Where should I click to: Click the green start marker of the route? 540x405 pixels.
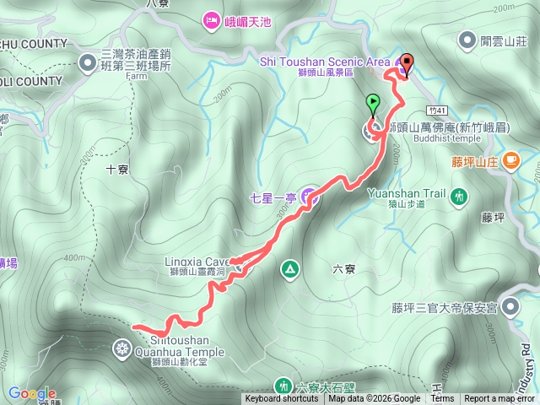(373, 104)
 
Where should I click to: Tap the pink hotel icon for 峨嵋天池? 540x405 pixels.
(208, 19)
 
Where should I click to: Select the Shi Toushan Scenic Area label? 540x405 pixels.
(325, 61)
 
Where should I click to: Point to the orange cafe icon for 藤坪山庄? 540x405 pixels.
(510, 159)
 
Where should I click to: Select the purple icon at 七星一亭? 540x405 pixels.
(310, 199)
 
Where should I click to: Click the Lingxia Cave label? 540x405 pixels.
(195, 262)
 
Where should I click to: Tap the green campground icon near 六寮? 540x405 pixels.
(289, 269)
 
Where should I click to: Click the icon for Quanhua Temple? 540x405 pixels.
(124, 348)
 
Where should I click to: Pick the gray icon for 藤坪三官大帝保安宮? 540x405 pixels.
(510, 307)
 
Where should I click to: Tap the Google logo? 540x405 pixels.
(31, 393)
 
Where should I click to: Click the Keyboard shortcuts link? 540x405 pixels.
(283, 399)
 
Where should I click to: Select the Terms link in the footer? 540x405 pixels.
(442, 399)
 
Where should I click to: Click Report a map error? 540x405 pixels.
(501, 399)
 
